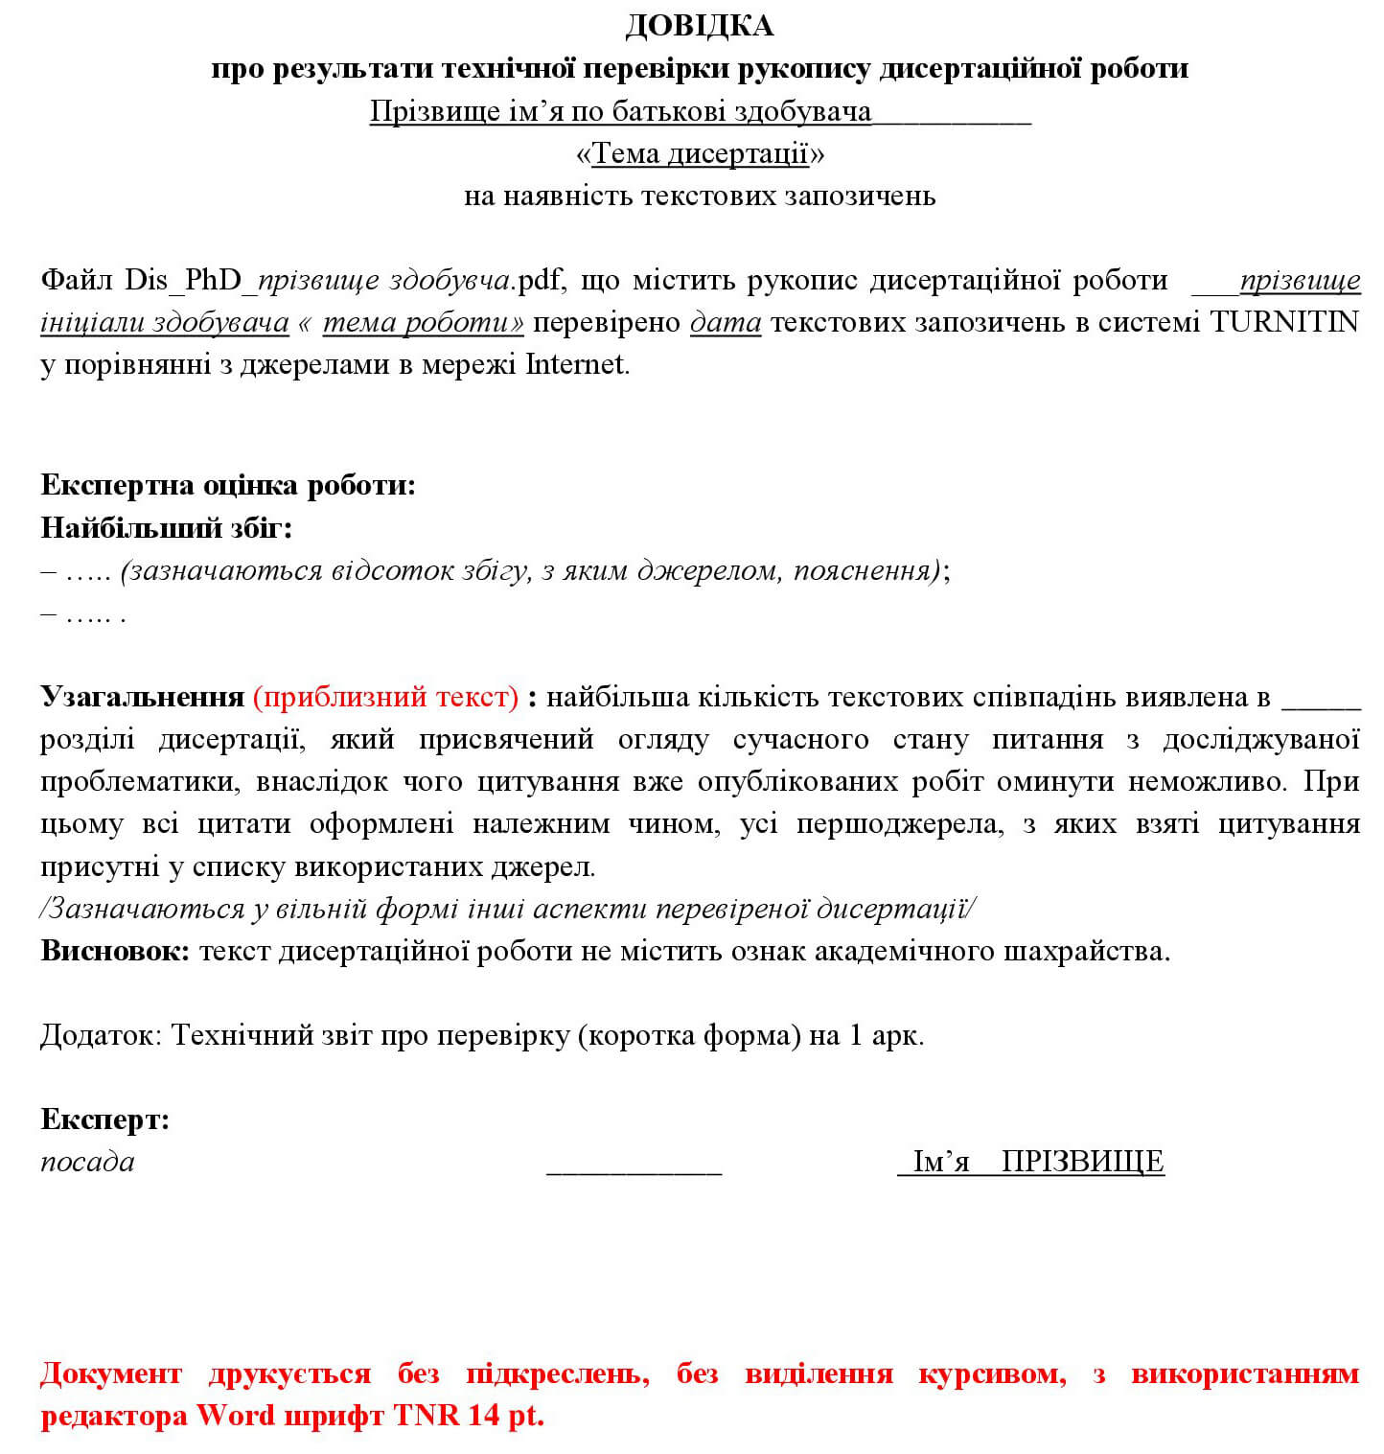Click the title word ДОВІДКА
point(699,26)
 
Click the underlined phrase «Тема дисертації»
point(700,153)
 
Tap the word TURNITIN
point(1284,322)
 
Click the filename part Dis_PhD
point(183,281)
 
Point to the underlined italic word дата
point(726,322)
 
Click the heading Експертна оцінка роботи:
point(228,485)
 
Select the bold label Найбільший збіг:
point(167,527)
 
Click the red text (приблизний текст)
point(385,697)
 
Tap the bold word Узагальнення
point(142,697)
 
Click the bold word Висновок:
point(115,951)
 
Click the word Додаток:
point(102,1035)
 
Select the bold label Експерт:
point(104,1119)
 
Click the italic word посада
point(87,1162)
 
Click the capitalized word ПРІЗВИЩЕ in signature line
point(1082,1162)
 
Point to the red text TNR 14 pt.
point(469,1416)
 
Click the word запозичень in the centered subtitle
point(860,196)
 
